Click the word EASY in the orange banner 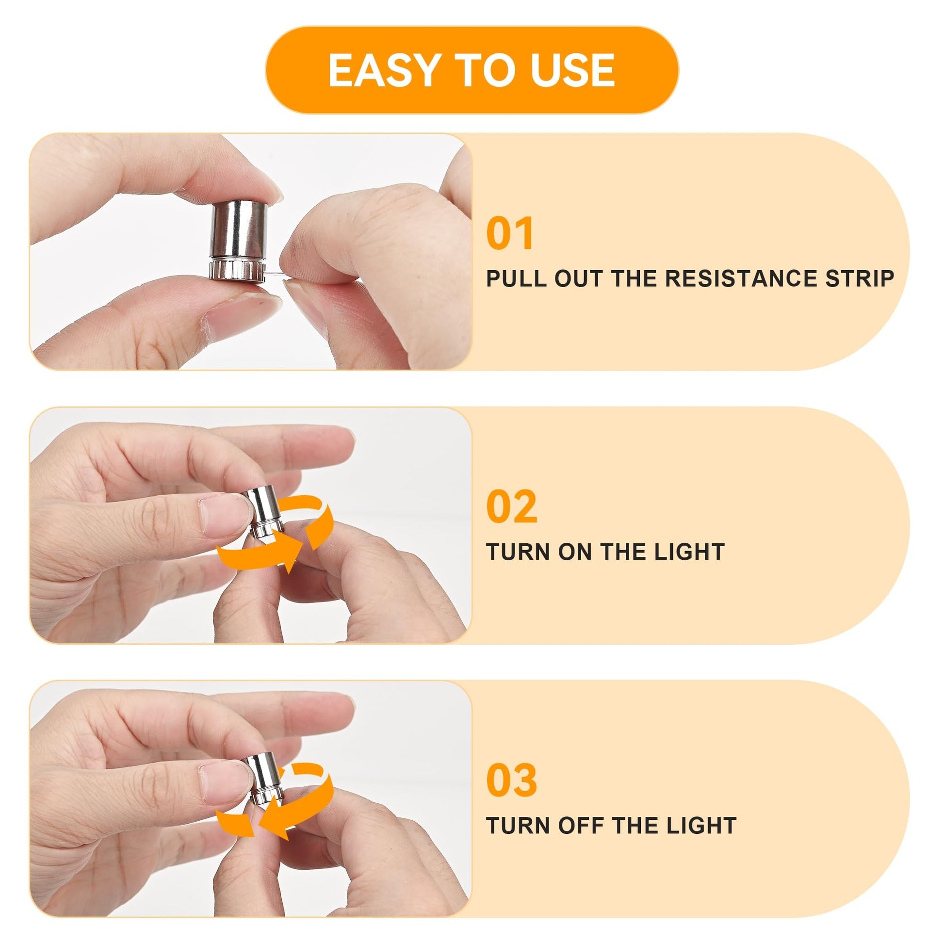coord(383,70)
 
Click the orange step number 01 coord(510,234)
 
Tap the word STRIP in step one coord(860,278)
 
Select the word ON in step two coord(576,552)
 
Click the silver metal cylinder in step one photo coord(238,241)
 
